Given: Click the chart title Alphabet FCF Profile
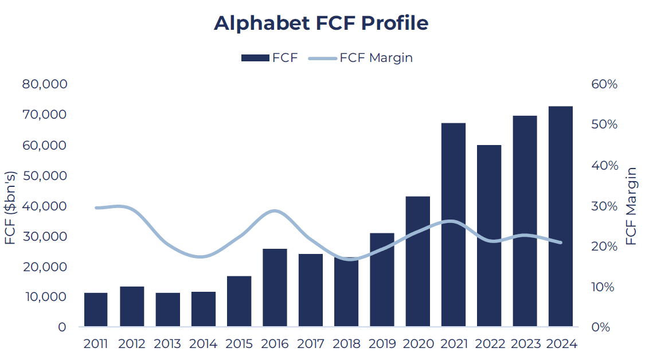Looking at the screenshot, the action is coord(321,23).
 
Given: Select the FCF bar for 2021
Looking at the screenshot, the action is coord(454,225).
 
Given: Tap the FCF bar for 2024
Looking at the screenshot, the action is coord(561,217).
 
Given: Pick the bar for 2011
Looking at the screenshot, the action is coord(96,310).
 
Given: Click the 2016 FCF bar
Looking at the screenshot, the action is coord(275,288).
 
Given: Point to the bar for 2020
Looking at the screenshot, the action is coord(417,261).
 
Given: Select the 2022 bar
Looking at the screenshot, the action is coord(489,236).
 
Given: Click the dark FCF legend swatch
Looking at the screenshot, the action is coord(255,58).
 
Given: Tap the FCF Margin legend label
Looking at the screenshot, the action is coord(376,58).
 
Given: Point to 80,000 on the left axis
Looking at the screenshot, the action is coord(44,84).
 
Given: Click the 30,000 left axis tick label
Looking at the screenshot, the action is coord(44,236).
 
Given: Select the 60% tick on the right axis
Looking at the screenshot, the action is coord(604,84).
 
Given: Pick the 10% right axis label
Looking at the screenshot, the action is coord(603,287).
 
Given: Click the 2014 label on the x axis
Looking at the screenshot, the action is coord(203,343).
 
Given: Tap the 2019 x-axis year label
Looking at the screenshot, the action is coord(382,343).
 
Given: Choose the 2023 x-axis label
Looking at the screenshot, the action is coord(525,343).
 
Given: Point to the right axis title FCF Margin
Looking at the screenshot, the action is coord(631,206).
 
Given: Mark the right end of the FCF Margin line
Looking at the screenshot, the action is coord(561,242).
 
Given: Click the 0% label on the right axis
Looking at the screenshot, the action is coord(601,327).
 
